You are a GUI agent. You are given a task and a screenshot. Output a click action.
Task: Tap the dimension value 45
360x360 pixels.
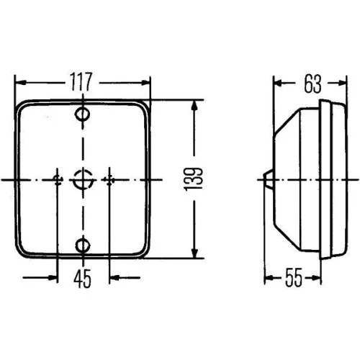pos(83,278)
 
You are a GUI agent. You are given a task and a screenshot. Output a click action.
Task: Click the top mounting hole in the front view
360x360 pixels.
pos(84,115)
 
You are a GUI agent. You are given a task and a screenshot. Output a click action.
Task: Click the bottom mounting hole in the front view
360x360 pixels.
pos(84,246)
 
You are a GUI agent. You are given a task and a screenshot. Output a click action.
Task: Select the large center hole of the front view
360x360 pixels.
pos(84,178)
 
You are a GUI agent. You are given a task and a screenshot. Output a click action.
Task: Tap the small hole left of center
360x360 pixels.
pos(57,178)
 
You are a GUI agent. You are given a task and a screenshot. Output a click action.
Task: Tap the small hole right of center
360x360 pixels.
pos(109,178)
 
